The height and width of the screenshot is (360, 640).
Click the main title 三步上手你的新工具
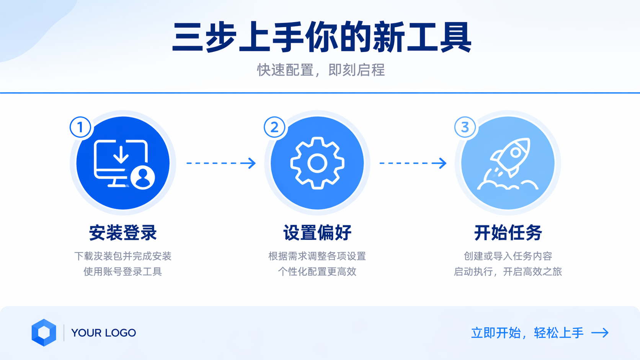pos(322,37)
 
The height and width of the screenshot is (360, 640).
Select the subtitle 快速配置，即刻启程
pos(321,70)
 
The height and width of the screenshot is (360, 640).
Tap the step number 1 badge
pos(80,127)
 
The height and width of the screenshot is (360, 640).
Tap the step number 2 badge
pos(274,127)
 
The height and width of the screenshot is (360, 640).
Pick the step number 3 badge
pos(465,127)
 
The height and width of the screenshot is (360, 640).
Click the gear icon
pos(317,163)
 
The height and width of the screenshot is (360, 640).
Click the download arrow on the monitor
pos(121,154)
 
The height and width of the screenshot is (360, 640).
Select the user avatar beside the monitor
pos(143,177)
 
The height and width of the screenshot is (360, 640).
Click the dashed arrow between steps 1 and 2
pos(221,163)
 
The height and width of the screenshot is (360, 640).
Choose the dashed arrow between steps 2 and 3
pos(413,163)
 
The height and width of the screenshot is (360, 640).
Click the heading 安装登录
pos(123,233)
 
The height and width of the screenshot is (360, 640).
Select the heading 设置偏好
pos(317,233)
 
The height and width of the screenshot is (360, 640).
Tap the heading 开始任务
pos(508,233)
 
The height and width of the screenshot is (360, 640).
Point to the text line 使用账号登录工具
pos(123,272)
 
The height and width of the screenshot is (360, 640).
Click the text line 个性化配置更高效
pos(317,272)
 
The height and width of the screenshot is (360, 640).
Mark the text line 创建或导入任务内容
pos(508,256)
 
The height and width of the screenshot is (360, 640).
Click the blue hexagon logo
pos(44,332)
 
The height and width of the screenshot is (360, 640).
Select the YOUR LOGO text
pos(103,333)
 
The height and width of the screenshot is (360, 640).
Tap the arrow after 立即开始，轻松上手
pos(600,333)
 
